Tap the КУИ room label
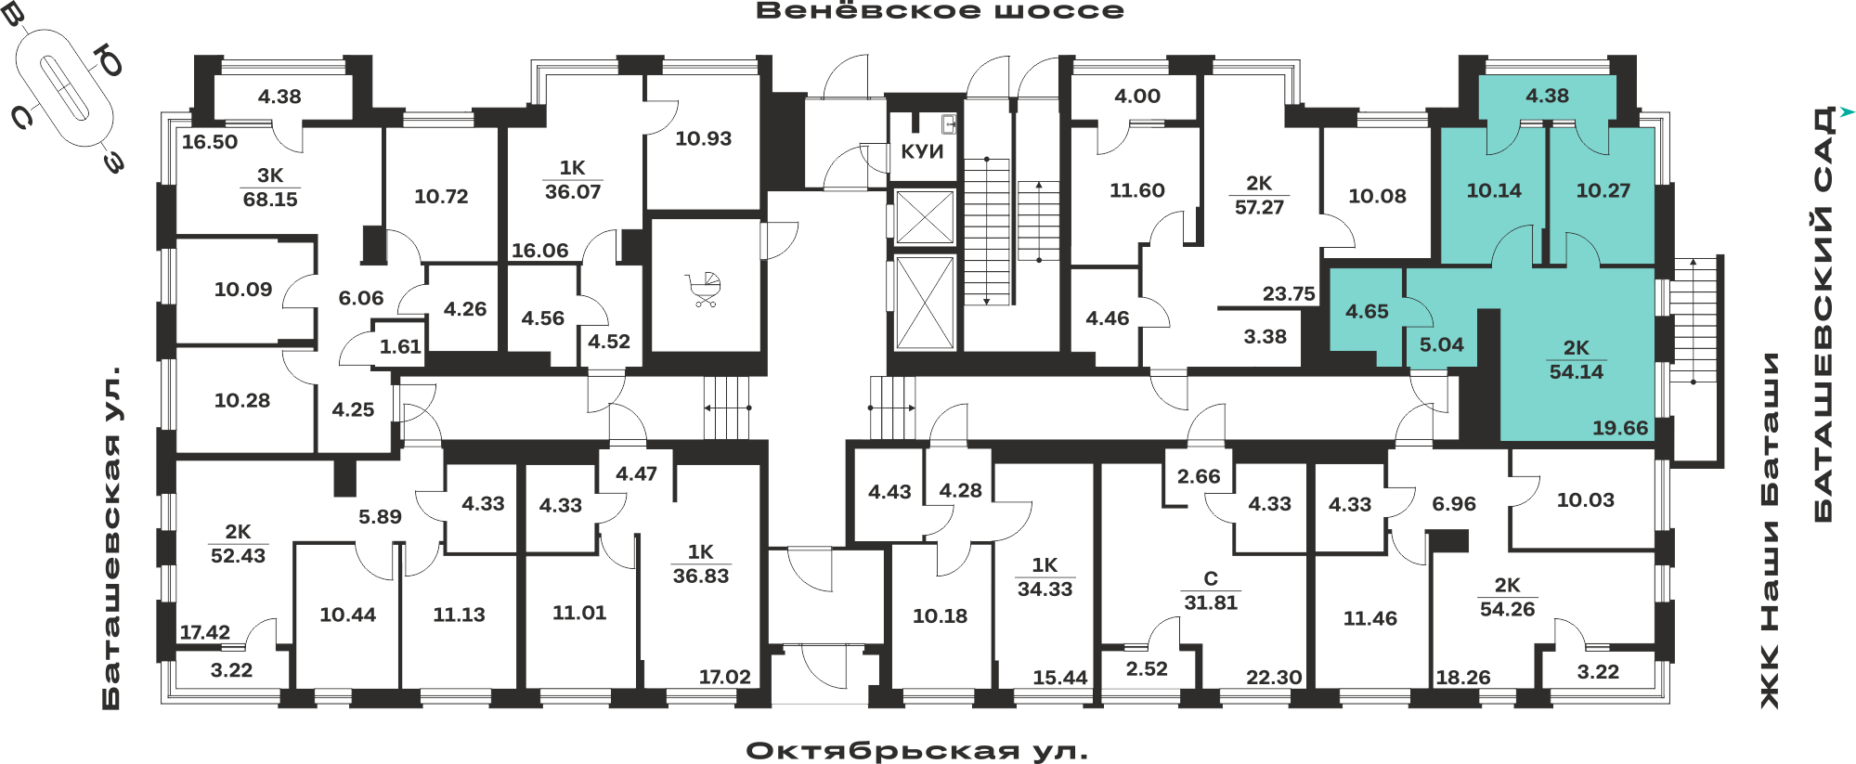point(922,151)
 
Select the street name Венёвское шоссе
point(940,11)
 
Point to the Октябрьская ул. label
point(916,751)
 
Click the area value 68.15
point(270,200)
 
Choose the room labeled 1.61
point(400,347)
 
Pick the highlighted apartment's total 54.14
point(1577,372)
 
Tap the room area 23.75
point(1289,294)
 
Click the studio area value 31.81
point(1211,602)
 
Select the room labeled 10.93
point(703,139)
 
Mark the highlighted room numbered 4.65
point(1367,312)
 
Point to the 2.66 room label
point(1199,477)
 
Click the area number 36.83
point(701,576)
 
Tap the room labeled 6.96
point(1454,504)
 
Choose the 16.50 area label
point(210,142)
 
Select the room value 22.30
point(1274,678)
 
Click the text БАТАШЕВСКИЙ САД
point(1824,314)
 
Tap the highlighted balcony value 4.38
point(1547,96)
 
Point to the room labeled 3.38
point(1265,337)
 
